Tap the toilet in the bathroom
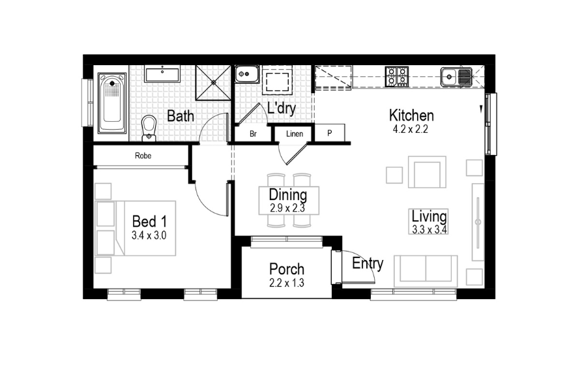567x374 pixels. [149, 127]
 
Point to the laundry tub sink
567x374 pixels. [246, 75]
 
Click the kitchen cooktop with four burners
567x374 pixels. [397, 76]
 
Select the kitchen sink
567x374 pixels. [456, 77]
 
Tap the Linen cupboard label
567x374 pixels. [294, 134]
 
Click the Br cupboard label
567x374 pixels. [253, 134]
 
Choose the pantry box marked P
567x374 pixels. [330, 133]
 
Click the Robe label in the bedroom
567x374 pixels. [143, 156]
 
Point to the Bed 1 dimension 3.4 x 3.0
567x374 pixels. [149, 235]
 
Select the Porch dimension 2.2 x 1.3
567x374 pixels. [287, 283]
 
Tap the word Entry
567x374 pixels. [368, 263]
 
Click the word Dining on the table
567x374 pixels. [287, 194]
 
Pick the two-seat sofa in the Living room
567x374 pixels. [426, 270]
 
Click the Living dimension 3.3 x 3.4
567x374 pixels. [429, 229]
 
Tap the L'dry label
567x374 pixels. [282, 109]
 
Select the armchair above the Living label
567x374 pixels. [427, 172]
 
